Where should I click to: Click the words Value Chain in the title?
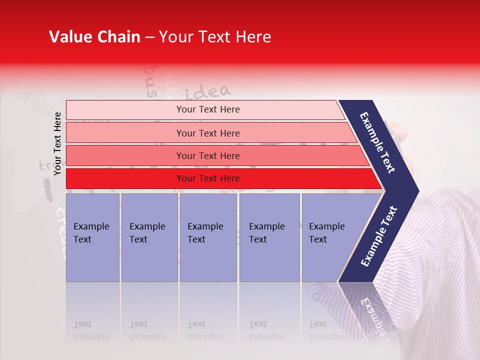coord(94,37)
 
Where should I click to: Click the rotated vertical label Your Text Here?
coord(58,143)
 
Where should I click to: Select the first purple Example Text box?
coord(92,237)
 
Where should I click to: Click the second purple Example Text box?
coord(149,237)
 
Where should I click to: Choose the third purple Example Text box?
coord(208,237)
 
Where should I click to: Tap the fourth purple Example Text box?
coord(269,237)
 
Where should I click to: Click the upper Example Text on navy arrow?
coord(378,142)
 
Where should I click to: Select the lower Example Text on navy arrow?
coord(379,236)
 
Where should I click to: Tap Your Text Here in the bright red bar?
coord(208,178)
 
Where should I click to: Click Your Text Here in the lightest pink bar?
coord(208,109)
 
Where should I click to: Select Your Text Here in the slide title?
coord(214,37)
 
